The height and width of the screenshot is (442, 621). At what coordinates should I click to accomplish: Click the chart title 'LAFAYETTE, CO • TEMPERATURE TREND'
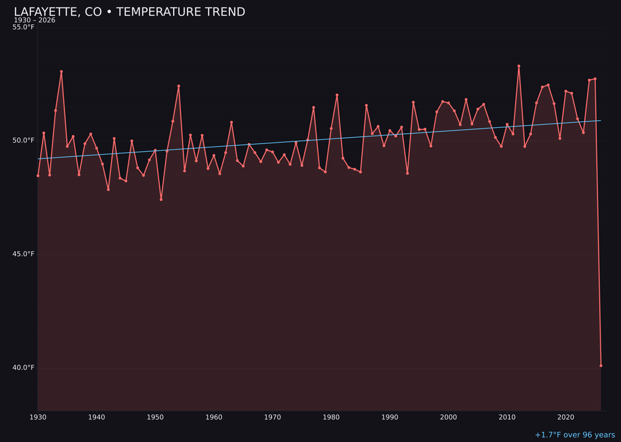click(129, 12)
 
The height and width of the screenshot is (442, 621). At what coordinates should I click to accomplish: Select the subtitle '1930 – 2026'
click(34, 20)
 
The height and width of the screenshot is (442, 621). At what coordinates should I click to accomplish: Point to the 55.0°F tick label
click(24, 27)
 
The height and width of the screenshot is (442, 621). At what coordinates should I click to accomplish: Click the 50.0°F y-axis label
click(24, 140)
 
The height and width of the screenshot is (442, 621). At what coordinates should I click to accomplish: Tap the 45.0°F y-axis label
click(24, 254)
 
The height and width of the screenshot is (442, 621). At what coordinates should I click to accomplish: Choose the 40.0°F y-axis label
click(24, 367)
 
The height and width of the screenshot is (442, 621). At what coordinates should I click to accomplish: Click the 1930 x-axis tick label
click(38, 417)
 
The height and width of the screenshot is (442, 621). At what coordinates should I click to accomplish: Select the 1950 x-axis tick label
click(155, 417)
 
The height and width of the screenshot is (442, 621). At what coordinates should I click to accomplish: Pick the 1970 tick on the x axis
click(273, 417)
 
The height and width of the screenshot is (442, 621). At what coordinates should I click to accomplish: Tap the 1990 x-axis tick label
click(390, 417)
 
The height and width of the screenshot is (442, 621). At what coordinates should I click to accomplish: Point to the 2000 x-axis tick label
click(448, 417)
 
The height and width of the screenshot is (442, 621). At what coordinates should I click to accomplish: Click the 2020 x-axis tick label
click(566, 417)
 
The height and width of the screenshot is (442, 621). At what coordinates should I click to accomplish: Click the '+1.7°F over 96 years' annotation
click(574, 435)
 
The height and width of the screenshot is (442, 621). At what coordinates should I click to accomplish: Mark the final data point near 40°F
click(601, 365)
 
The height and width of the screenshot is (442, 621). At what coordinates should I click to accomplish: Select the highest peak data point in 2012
click(519, 66)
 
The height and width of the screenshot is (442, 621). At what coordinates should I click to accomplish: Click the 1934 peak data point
click(62, 72)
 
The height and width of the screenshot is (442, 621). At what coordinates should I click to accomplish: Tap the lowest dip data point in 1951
click(161, 199)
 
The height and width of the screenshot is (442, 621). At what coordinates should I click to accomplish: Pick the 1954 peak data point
click(179, 86)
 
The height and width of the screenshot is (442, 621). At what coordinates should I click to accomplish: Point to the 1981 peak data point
click(337, 95)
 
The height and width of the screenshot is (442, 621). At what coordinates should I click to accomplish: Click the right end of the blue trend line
click(600, 120)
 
